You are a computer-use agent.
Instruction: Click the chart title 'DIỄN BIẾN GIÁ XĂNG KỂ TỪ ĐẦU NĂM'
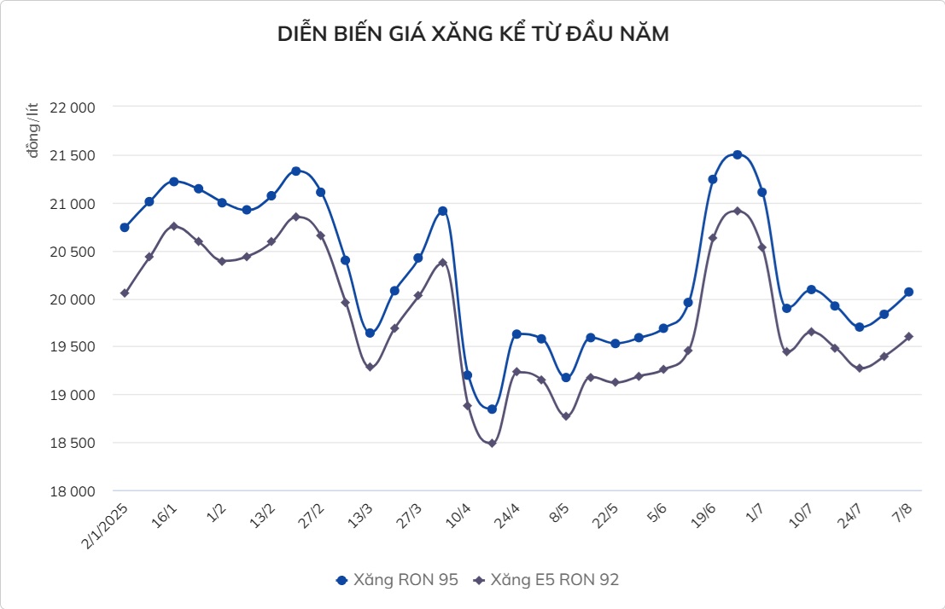tap(472, 34)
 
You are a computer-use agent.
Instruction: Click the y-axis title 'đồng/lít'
tap(32, 130)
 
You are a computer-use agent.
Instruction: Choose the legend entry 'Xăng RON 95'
tap(398, 580)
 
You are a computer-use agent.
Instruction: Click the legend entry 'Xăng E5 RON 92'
tap(546, 580)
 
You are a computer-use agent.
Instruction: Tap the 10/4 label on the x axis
tap(458, 515)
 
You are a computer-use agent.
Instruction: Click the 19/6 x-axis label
tap(704, 515)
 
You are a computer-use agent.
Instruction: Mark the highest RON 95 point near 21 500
tap(738, 154)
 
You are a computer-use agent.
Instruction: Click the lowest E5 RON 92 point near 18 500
tap(492, 444)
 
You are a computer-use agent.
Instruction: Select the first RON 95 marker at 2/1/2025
tap(125, 228)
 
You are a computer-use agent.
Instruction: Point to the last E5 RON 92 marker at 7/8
tap(909, 337)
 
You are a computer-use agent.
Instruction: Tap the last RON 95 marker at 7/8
tap(909, 292)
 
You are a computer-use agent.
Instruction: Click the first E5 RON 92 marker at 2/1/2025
tap(125, 293)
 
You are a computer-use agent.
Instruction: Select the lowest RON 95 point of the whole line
tap(492, 409)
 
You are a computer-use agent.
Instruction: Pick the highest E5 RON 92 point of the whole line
tap(738, 211)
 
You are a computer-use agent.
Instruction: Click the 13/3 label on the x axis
tap(359, 515)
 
